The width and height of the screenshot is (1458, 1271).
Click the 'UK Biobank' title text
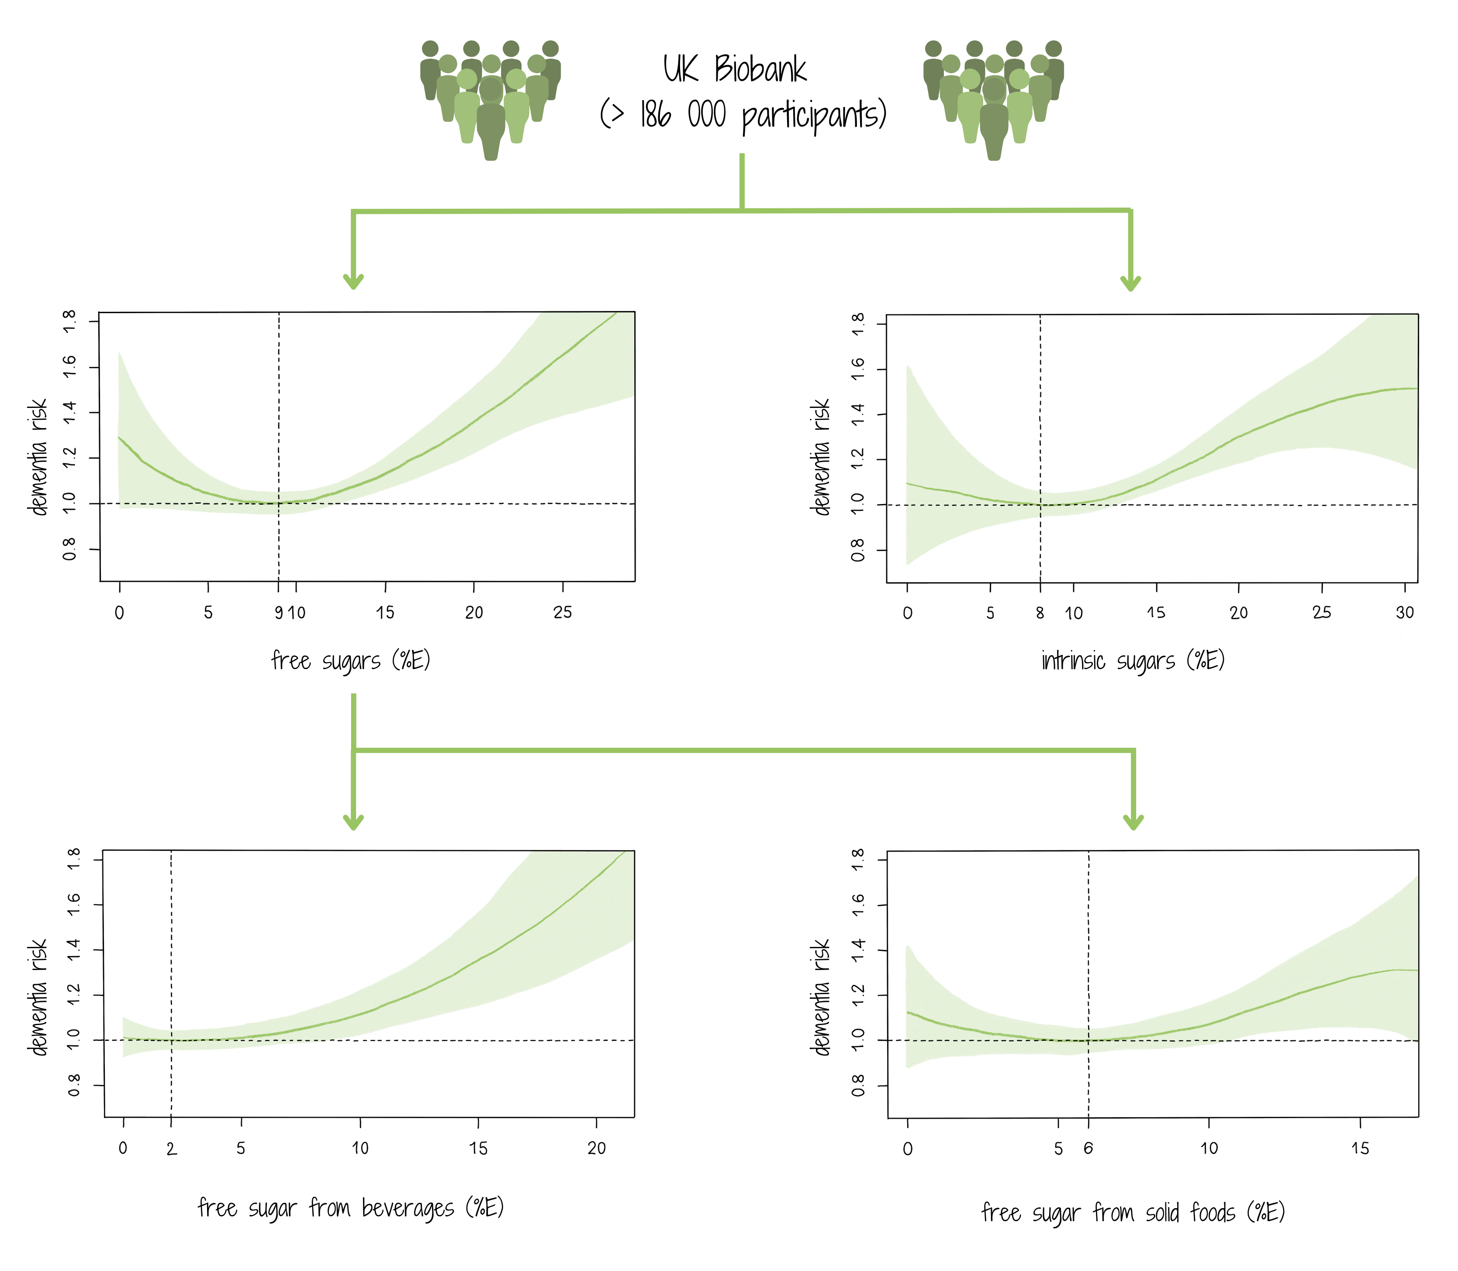tap(735, 69)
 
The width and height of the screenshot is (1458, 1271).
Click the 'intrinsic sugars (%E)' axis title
tap(1133, 660)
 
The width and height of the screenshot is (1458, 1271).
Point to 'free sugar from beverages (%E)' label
tap(350, 1207)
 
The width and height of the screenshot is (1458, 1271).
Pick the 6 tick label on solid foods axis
tap(1088, 1148)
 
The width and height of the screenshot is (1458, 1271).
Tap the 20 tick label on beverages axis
tap(596, 1148)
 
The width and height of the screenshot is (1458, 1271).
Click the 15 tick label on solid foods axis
tap(1359, 1148)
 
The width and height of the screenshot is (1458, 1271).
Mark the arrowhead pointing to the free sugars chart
tap(353, 282)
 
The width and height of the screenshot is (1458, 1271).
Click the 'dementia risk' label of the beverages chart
tap(38, 997)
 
